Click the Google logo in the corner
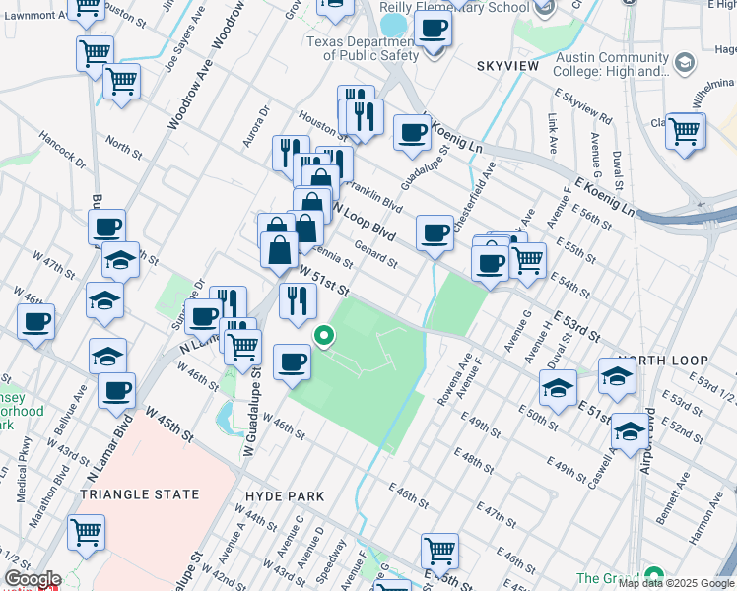pyautogui.click(x=32, y=579)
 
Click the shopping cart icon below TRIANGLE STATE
pyautogui.click(x=87, y=532)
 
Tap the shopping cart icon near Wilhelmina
pyautogui.click(x=684, y=130)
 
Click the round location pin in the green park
pyautogui.click(x=322, y=338)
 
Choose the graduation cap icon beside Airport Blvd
pyautogui.click(x=629, y=429)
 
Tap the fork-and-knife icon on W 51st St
pyautogui.click(x=295, y=300)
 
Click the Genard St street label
pyautogui.click(x=374, y=256)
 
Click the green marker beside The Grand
pyautogui.click(x=653, y=577)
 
